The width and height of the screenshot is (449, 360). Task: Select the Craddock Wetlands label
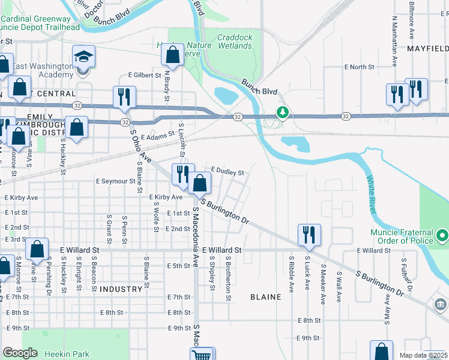235,41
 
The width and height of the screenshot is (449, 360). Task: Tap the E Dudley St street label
227,172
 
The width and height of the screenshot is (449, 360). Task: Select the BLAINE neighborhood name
266,297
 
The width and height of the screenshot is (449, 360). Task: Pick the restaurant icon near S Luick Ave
309,235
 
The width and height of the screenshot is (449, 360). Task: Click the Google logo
20,353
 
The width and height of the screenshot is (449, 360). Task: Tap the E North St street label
358,67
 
